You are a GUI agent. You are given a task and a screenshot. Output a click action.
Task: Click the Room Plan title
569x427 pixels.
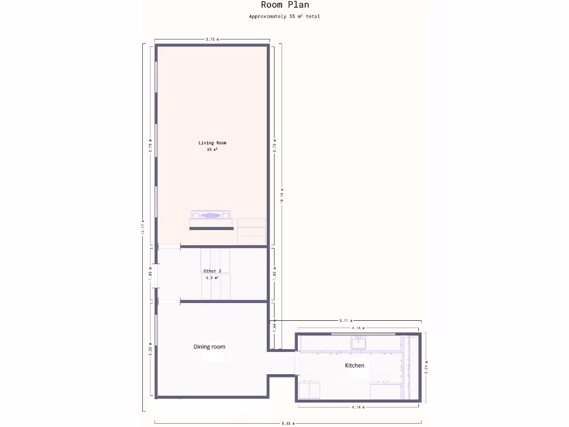point(284,5)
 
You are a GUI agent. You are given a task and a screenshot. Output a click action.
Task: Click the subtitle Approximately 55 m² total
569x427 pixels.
point(284,17)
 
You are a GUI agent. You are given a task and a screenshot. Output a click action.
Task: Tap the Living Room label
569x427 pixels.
point(212,143)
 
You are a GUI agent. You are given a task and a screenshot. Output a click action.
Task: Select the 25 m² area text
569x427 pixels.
point(212,150)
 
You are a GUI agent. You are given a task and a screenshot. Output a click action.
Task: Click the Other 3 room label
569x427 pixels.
point(212,271)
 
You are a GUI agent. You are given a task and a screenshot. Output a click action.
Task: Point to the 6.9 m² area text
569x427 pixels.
point(212,277)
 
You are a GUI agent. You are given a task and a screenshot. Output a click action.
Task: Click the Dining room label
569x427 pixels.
point(209,347)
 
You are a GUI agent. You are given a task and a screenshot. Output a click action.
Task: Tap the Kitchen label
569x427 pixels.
point(355,365)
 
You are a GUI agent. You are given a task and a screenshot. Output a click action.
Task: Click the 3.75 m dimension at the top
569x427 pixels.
point(212,39)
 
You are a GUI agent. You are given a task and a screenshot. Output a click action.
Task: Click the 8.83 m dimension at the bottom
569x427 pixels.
point(288,423)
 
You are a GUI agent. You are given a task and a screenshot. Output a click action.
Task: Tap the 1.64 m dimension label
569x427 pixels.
point(274,328)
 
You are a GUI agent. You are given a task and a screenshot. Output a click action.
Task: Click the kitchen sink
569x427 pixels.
point(358,342)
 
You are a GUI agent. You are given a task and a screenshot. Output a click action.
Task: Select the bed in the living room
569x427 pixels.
point(211,220)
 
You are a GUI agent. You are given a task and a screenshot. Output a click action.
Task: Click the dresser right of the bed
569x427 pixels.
point(251,231)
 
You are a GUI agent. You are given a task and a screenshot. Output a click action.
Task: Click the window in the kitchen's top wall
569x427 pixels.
point(364,334)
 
